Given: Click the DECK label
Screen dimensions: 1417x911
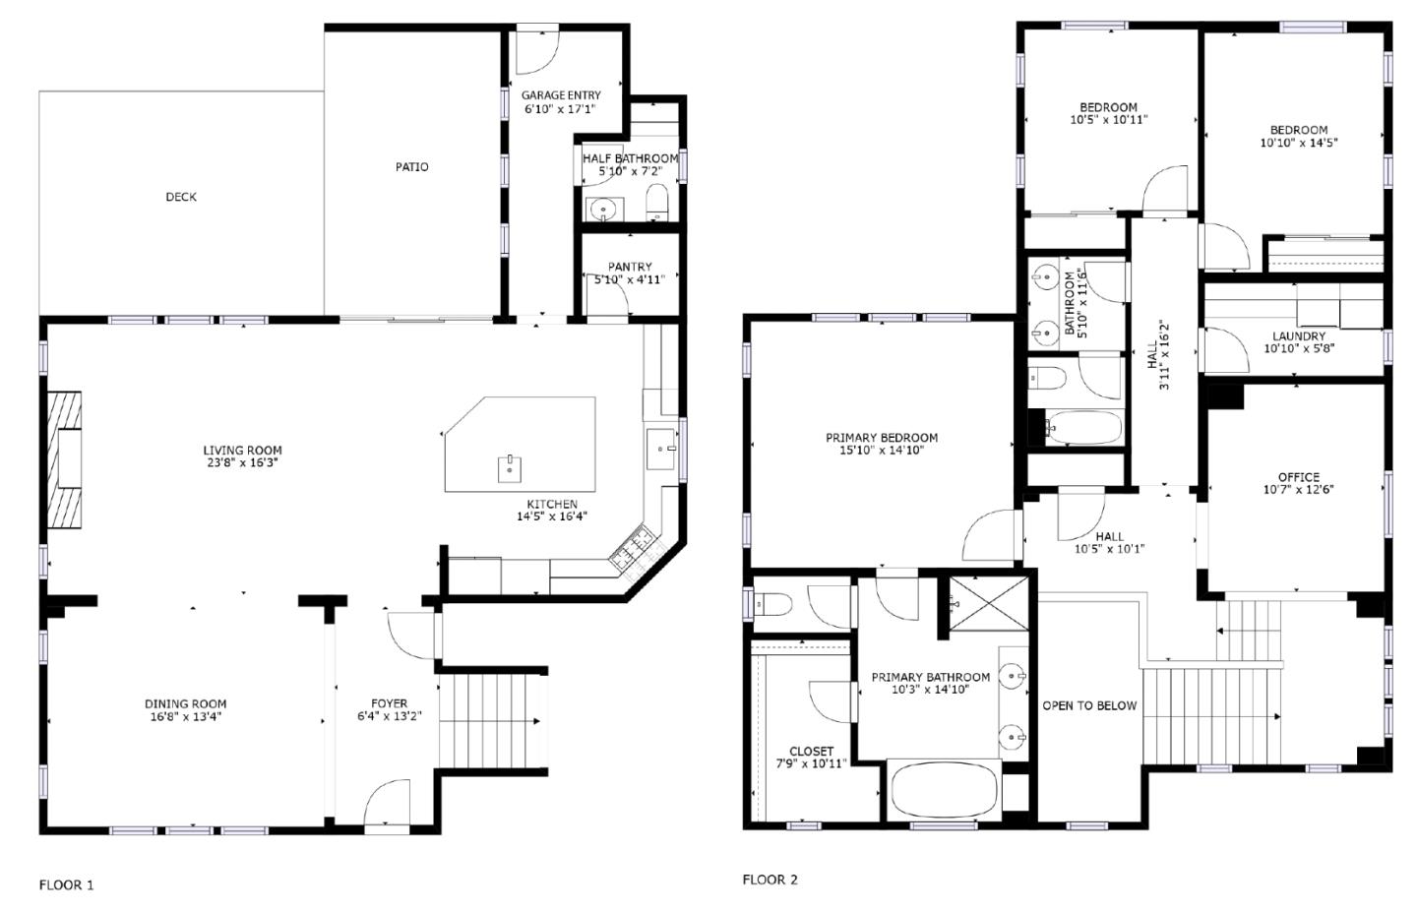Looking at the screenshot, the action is coord(181,197).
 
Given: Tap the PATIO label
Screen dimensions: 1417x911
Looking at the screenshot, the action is coord(411,167).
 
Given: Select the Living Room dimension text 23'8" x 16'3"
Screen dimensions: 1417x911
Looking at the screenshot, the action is coord(242,463).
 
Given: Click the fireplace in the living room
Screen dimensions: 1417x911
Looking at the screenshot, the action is coord(65,460).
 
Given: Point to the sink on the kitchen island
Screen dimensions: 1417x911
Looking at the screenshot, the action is coord(510,468).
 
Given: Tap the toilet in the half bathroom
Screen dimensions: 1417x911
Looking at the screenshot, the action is coord(657,203).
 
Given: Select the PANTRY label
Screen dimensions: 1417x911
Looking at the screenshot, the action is coord(630,267).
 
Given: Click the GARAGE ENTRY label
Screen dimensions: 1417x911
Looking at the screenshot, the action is coord(561,94).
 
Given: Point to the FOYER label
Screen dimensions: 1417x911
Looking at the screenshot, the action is coord(389,703).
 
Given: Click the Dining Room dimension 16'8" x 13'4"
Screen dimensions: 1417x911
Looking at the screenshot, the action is coord(185,717).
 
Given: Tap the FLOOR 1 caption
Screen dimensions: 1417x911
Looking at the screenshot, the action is coord(67,885).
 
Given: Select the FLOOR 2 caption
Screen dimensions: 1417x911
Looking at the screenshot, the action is coord(770,880).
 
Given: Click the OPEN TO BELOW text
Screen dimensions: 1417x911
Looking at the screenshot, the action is coord(1089,705).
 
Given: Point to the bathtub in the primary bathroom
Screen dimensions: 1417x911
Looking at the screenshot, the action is coord(944,790).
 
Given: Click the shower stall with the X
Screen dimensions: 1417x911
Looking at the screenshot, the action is coord(989,603).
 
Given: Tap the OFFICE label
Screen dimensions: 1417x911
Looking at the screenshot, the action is coord(1299,477).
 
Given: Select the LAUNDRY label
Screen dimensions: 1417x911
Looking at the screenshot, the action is coord(1299,335).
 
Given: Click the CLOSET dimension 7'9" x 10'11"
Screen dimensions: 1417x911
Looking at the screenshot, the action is coord(812,763).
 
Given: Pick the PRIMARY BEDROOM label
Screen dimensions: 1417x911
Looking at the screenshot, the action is coord(882,437).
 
